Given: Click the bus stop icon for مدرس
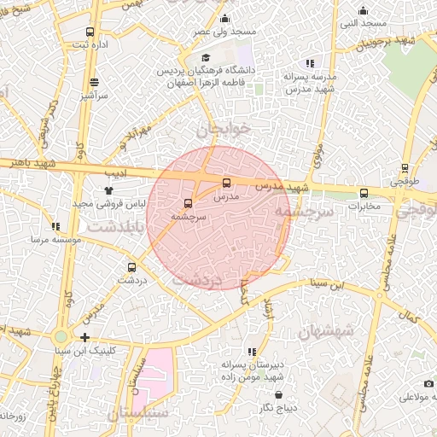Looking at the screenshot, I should (226, 183).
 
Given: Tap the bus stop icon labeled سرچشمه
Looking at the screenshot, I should (188, 203).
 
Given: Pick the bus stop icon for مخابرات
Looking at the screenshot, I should (364, 192).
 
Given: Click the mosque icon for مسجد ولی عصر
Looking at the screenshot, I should (225, 18).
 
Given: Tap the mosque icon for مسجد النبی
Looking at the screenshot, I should (364, 11).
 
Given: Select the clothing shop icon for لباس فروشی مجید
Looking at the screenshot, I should (108, 191).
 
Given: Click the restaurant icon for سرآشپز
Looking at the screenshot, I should (93, 84).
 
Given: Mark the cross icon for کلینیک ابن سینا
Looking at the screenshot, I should (84, 337).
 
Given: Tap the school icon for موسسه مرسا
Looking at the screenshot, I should (55, 227).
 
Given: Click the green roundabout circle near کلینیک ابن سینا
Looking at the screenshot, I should (61, 337).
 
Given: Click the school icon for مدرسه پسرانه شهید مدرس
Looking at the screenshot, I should (309, 62).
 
